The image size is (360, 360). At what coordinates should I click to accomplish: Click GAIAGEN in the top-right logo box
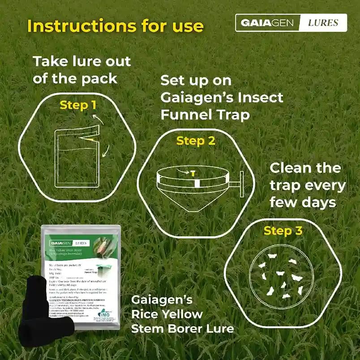click(267, 23)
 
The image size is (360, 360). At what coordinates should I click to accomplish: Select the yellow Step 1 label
click(78, 105)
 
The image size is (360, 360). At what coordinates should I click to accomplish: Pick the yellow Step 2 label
click(195, 140)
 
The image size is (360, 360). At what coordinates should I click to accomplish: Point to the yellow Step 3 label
click(283, 231)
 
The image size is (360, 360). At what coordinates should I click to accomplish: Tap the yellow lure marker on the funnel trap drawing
click(193, 173)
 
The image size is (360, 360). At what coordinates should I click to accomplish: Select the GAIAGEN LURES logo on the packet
click(69, 243)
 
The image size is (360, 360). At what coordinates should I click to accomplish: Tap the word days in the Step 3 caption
click(318, 202)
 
